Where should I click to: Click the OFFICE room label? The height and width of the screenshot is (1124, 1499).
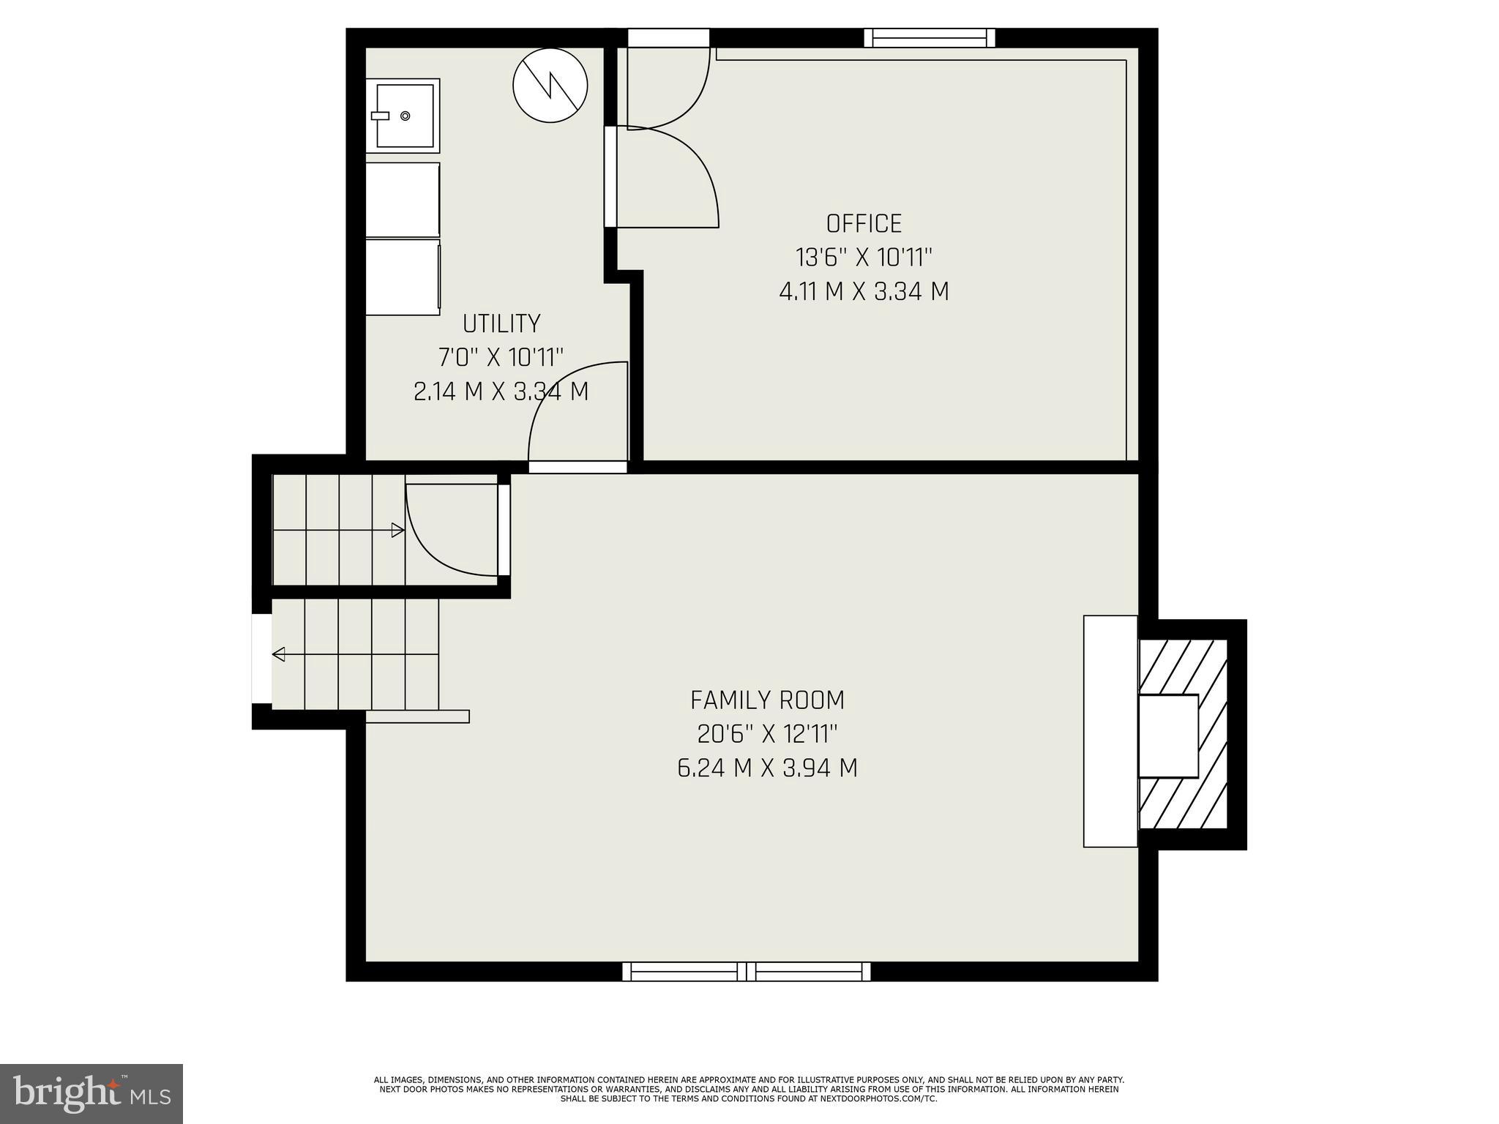tap(864, 223)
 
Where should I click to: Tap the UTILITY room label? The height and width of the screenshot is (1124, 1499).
tap(501, 323)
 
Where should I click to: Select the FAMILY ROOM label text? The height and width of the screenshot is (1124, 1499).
tap(767, 700)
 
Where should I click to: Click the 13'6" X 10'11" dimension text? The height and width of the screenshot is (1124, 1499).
tap(864, 258)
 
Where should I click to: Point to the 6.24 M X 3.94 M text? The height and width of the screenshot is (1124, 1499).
tap(767, 768)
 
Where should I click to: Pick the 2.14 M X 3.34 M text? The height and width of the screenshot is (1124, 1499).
tap(501, 391)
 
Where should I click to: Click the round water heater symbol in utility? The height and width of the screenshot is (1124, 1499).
tap(550, 86)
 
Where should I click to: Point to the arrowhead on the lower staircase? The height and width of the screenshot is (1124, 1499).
tap(278, 654)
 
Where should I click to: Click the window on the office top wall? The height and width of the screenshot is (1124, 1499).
tap(930, 38)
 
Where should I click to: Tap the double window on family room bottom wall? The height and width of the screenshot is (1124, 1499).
tap(747, 971)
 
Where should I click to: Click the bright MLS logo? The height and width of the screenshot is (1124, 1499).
tap(91, 1093)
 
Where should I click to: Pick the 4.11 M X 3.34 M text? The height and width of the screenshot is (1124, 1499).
tap(864, 292)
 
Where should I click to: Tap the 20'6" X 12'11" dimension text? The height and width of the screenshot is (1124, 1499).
tap(767, 734)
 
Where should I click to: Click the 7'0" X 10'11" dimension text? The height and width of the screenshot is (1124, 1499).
tap(501, 358)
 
